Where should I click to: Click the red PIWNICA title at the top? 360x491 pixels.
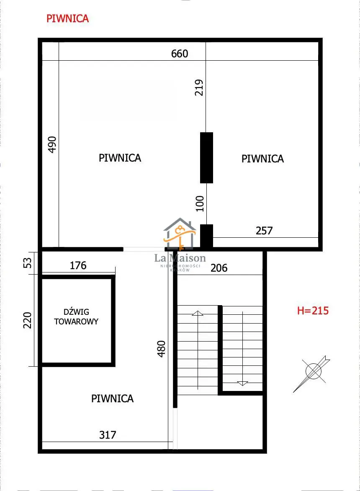tap(68, 18)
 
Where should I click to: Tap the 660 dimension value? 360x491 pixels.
tap(180, 54)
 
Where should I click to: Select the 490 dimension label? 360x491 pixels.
tap(52, 144)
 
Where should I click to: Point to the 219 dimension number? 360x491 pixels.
tap(199, 87)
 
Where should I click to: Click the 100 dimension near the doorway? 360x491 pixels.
tap(200, 203)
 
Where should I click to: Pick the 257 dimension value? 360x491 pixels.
tap(264, 231)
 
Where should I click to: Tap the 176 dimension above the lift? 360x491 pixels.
tap(78, 265)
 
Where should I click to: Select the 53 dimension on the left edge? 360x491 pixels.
tap(28, 262)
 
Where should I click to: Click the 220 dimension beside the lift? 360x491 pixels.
tap(28, 320)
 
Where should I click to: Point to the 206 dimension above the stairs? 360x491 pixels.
tap(219, 268)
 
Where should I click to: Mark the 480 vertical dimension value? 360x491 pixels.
tap(161, 349)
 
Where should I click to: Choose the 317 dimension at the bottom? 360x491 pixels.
tap(108, 434)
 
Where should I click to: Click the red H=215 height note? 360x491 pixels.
tap(313, 311)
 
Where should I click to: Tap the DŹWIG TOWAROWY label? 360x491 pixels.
tap(76, 316)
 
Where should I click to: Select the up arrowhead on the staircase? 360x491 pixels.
tap(198, 313)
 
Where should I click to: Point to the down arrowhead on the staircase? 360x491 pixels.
tap(243, 383)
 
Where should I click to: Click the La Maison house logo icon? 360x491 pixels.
tap(180, 234)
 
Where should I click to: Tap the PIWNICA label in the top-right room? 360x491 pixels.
tap(262, 159)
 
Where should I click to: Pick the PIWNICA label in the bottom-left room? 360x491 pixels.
tap(112, 398)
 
